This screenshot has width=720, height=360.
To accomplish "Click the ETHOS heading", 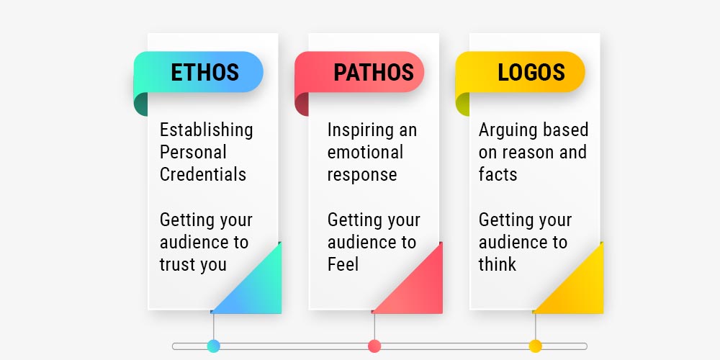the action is [204, 72].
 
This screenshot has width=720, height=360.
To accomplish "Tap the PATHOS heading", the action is [374, 72].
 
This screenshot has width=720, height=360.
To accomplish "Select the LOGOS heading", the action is [531, 72].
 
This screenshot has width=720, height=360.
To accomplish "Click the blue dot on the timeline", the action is [214, 346].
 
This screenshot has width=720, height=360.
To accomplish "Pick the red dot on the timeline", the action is [374, 346].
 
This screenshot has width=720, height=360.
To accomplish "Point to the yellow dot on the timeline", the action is [536, 346].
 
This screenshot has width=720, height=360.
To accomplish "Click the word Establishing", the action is [206, 130].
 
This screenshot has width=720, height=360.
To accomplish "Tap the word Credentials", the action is [203, 174].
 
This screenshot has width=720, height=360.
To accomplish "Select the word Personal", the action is [193, 153].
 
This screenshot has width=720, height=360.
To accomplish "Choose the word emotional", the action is [365, 153].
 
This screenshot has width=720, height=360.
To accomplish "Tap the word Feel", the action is [343, 264].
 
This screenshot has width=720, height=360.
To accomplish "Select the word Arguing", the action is [506, 130].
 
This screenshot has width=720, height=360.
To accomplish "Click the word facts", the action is [498, 174].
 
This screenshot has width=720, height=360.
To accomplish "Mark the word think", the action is [498, 264].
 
